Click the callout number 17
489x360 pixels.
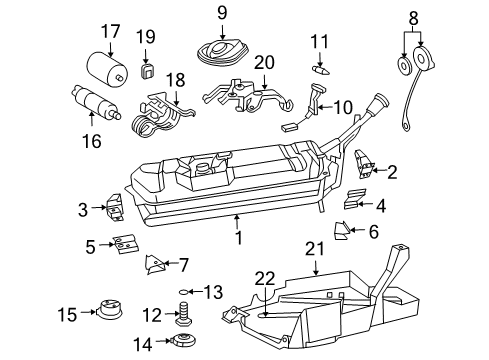pyautogui.click(x=108, y=32)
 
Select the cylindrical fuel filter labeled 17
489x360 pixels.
pyautogui.click(x=108, y=67)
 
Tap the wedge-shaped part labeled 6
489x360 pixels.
pyautogui.click(x=341, y=231)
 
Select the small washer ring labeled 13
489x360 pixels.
pyautogui.click(x=183, y=292)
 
